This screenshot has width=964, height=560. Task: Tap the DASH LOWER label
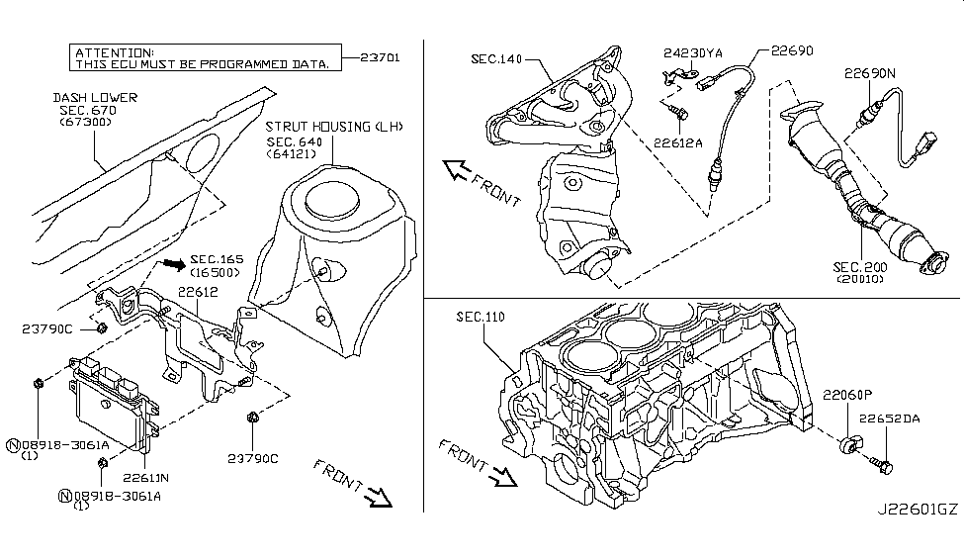point(96,98)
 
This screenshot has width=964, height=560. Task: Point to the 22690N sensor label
point(870,72)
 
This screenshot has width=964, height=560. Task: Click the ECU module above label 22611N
point(115,407)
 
